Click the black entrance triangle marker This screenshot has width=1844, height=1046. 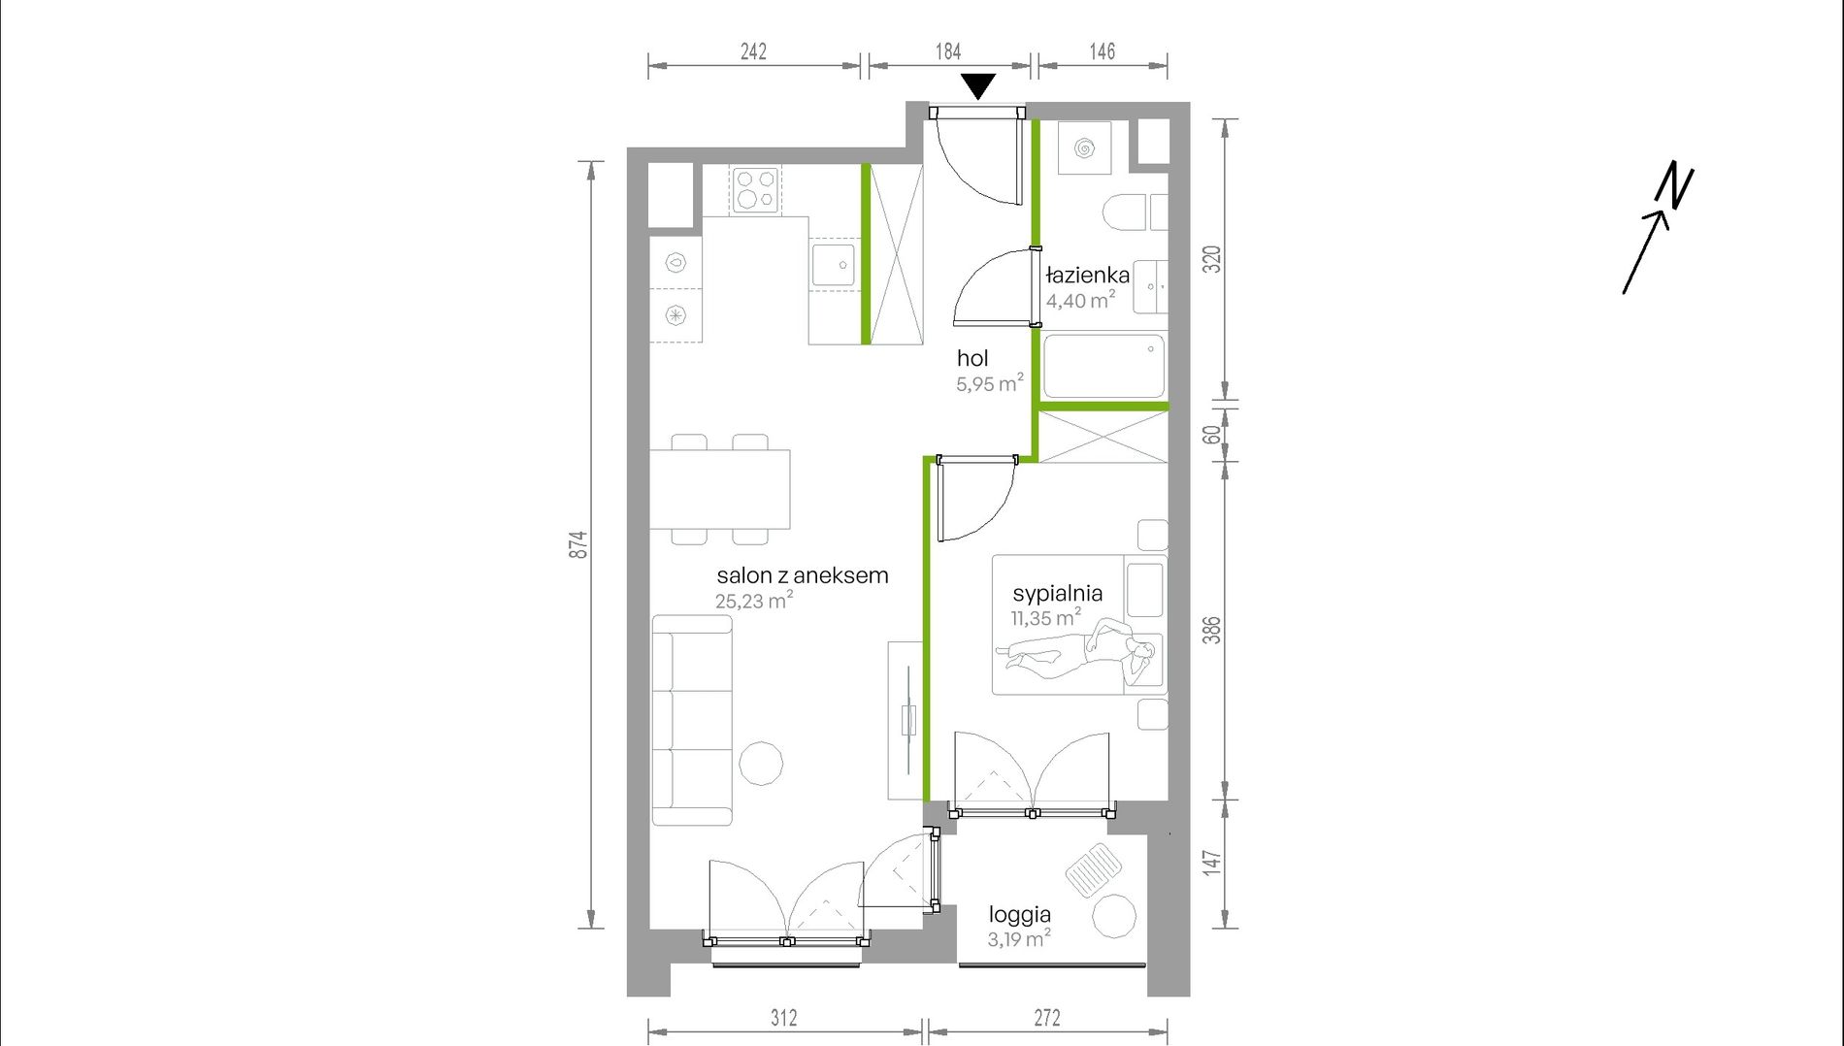tap(978, 85)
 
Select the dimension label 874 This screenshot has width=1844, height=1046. tap(578, 544)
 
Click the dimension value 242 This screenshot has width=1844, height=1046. tap(753, 51)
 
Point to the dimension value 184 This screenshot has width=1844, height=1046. tap(948, 51)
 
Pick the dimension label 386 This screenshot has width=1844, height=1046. tap(1211, 631)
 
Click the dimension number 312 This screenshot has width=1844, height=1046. tap(784, 1018)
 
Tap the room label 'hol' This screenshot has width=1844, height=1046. tap(972, 359)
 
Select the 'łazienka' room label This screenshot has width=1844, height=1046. tap(1088, 276)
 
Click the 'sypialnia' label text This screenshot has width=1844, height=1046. tap(1057, 593)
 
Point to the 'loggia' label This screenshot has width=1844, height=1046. tap(1020, 914)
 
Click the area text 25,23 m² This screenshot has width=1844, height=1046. tap(754, 601)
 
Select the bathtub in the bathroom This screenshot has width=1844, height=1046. tap(1103, 367)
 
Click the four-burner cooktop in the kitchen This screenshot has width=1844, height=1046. tap(756, 189)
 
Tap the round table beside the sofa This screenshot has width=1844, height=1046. tap(761, 764)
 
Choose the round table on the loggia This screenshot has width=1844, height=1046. tap(1114, 916)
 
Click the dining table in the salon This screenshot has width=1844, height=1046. tap(719, 489)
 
